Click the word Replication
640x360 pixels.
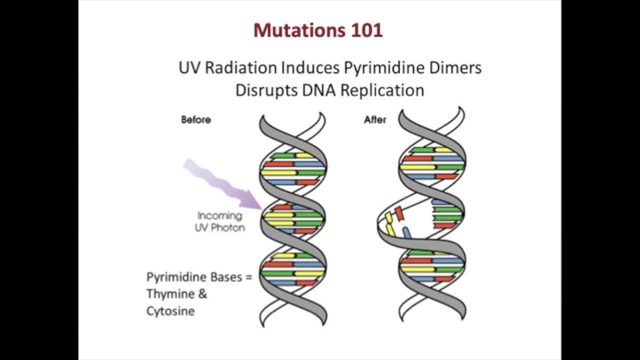pos(382,90)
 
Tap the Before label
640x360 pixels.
pos(196,120)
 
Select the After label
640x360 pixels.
pos(375,120)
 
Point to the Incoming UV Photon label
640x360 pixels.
pos(220,221)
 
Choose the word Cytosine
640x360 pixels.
pos(170,311)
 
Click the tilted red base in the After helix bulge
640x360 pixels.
pos(399,214)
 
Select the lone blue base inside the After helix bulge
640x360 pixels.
pos(407,233)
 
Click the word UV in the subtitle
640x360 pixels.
pos(190,68)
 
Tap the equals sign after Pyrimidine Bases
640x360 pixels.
pos(249,277)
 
